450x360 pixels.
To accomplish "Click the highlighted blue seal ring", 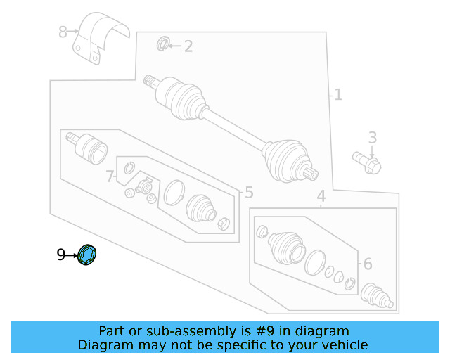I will [88, 255].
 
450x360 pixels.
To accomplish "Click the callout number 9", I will [61, 255].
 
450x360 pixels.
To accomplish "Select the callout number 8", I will [63, 32].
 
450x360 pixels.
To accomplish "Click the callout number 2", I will [188, 46].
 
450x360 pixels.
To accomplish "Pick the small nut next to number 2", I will [162, 45].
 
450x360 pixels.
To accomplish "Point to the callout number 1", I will [337, 94].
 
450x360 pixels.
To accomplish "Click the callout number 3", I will [373, 137].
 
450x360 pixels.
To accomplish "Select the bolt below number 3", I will [367, 162].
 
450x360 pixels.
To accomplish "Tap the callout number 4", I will [321, 196].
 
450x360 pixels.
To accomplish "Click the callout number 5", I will [248, 192].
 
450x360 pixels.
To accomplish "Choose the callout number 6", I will [366, 264].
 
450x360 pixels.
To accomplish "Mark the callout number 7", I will [110, 176].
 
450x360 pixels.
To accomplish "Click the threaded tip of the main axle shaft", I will [148, 81].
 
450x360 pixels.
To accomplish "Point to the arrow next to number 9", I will [72, 255].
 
